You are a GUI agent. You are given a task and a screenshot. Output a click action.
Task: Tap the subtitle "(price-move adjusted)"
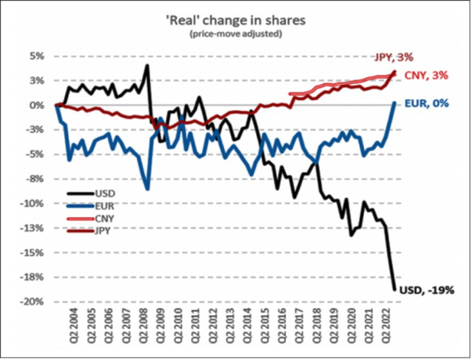coord(235,35)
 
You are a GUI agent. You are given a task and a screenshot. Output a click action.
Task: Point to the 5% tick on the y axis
coord(37,57)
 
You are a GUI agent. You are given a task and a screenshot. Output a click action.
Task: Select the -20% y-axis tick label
coord(33,302)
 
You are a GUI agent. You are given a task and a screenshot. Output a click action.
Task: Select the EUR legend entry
coord(102,206)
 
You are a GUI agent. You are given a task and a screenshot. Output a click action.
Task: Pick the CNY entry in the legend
coord(102,218)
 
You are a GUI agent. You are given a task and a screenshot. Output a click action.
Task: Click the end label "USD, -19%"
coord(426,290)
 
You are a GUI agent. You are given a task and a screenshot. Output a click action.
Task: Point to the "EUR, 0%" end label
coord(427,104)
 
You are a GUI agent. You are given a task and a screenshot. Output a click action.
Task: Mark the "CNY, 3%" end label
coord(427,75)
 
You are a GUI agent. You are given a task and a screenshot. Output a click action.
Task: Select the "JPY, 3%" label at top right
coord(394,57)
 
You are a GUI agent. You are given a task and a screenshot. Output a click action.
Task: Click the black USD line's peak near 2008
coord(147,65)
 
